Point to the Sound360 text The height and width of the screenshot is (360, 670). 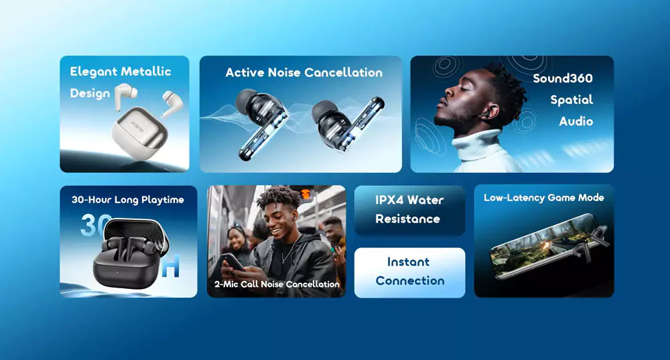tap(563, 78)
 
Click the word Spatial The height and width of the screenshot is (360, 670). tap(572, 100)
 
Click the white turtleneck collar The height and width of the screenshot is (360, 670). tap(477, 145)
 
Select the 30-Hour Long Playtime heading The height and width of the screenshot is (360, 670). tap(128, 200)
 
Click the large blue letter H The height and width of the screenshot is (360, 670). tap(170, 266)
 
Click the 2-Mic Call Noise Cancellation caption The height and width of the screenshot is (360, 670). tap(277, 284)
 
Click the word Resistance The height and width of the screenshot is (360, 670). tap(407, 219)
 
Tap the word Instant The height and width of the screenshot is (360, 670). tap(409, 261)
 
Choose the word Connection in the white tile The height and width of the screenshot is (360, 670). tap(410, 281)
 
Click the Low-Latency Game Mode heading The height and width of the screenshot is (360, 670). tap(544, 198)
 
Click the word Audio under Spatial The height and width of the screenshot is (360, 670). tap(576, 121)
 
